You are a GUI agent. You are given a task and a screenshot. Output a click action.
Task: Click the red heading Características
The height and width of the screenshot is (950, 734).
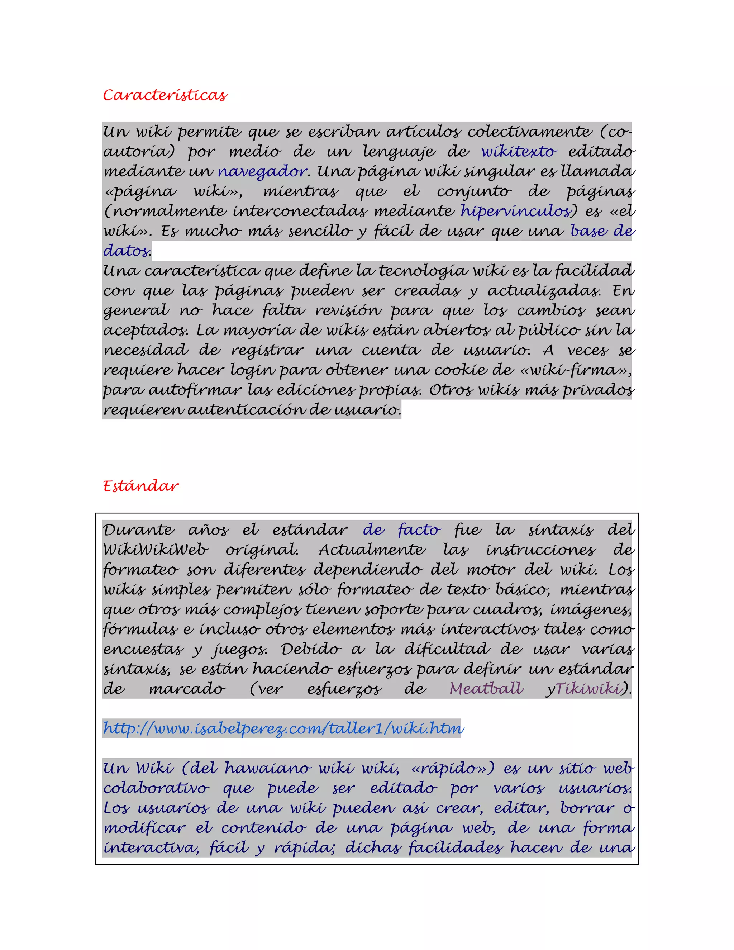click(165, 95)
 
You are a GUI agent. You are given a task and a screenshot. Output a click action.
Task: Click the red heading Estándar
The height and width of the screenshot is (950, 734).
click(141, 486)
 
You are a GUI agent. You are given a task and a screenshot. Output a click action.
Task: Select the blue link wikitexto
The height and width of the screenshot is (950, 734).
click(519, 151)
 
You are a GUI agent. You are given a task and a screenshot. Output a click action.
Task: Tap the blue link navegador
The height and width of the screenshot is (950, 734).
click(262, 171)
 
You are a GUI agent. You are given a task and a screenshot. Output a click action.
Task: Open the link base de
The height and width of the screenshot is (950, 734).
click(602, 231)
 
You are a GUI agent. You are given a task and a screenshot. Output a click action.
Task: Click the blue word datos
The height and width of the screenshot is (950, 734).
click(126, 251)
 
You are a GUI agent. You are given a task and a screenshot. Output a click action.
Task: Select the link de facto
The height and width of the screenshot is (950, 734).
click(402, 530)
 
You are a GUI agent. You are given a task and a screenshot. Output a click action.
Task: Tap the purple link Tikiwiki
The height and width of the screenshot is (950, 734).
click(588, 689)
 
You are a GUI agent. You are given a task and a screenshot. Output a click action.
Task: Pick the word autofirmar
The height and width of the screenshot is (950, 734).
click(195, 390)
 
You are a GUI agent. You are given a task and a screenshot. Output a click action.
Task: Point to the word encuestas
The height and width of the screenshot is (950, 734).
click(143, 649)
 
